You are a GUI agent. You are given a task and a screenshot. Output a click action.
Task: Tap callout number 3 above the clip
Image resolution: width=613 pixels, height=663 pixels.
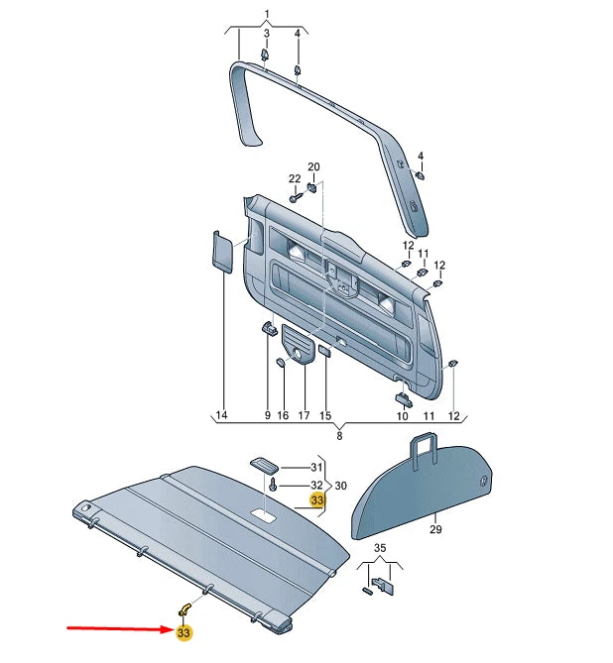click(x=266, y=35)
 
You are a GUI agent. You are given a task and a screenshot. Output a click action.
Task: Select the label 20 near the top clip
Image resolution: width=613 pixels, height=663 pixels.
click(x=313, y=166)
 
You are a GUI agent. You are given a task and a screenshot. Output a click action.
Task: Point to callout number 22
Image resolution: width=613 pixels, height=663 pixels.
click(x=294, y=178)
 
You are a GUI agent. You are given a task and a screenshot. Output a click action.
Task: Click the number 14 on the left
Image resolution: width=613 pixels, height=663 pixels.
click(x=221, y=414)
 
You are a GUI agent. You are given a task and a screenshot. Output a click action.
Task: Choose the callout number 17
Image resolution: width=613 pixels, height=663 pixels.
click(x=304, y=414)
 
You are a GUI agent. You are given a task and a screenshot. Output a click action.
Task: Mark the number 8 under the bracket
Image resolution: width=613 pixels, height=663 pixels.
click(x=339, y=435)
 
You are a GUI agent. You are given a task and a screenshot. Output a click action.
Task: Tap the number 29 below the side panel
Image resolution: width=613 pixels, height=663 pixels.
click(x=433, y=531)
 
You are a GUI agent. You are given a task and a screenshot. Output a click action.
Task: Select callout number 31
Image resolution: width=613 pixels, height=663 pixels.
click(x=317, y=467)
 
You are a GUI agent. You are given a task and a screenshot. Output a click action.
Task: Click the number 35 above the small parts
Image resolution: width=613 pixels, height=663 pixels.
click(x=379, y=547)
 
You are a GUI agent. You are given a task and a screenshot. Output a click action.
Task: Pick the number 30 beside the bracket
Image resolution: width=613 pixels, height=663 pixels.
click(x=342, y=486)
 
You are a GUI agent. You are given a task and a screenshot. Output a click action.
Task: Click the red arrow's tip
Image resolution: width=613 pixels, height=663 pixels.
click(x=171, y=628)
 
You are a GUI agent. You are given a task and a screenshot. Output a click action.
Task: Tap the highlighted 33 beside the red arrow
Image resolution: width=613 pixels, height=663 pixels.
click(x=184, y=633)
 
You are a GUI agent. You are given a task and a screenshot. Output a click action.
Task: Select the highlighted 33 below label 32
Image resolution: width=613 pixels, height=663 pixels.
click(x=317, y=501)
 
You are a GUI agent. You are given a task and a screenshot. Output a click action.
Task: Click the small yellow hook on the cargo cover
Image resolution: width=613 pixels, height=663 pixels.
click(x=184, y=607)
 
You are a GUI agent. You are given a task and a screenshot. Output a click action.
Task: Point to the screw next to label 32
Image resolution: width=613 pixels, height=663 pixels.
click(x=272, y=486)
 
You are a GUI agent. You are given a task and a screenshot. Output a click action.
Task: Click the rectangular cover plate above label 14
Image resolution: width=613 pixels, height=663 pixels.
click(x=221, y=251)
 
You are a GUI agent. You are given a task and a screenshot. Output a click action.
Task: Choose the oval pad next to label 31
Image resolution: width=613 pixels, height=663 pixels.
click(x=264, y=465)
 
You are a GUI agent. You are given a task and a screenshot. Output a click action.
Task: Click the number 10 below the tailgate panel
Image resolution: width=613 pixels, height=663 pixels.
click(x=403, y=415)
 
